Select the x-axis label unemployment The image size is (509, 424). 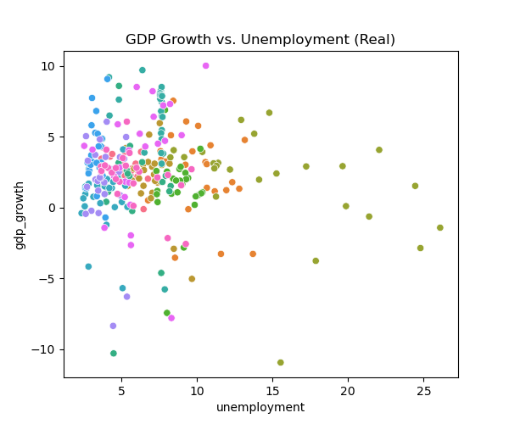click(260, 407)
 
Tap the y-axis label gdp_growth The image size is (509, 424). click(19, 215)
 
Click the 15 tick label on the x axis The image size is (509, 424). click(272, 391)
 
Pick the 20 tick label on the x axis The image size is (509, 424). click(348, 391)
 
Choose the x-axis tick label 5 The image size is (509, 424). click(121, 391)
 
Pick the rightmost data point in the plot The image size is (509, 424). click(440, 227)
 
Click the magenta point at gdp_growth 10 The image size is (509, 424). click(206, 66)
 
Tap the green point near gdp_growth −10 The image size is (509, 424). click(114, 354)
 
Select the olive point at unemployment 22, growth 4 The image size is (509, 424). click(379, 150)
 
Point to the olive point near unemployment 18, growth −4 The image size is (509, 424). click(316, 261)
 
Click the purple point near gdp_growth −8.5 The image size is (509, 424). click(113, 326)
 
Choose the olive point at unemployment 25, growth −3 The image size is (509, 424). click(421, 248)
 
